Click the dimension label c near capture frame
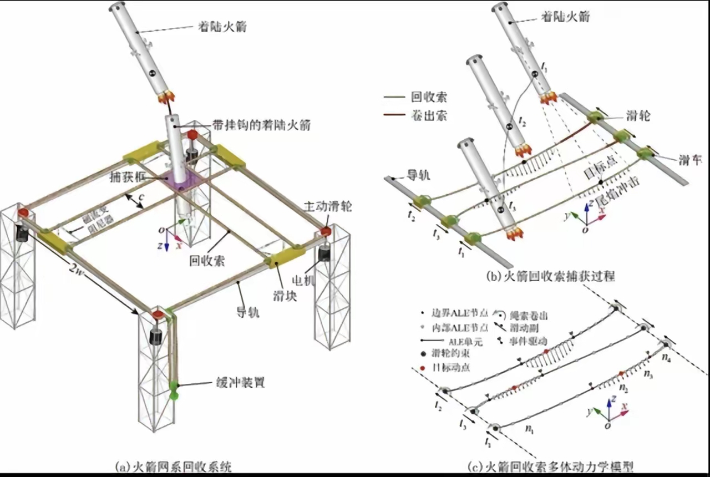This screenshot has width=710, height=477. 141,198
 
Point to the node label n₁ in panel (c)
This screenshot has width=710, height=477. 531,429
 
